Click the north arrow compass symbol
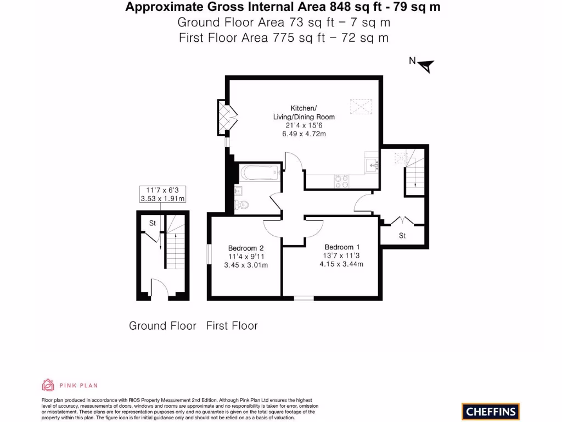coord(426,66)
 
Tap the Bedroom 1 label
coord(342,247)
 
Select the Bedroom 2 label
coord(246,247)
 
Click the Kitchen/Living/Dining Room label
coord(304,113)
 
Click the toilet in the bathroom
coord(242,205)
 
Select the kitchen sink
coord(372,164)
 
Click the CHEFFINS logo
coord(491,411)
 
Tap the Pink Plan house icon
coord(48,385)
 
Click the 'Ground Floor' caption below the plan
coord(162,326)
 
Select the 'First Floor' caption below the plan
coord(232,326)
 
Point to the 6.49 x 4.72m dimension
coord(304,134)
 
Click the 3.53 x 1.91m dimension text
coord(162,198)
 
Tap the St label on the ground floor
coord(153,224)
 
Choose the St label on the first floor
coord(402,236)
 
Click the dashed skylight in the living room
coord(361,104)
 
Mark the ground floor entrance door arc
coord(159,287)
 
